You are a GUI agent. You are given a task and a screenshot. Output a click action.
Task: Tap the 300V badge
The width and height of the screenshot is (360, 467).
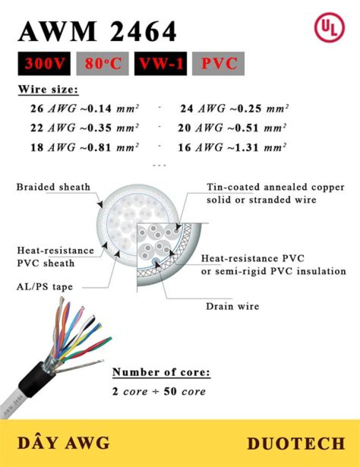[46, 63]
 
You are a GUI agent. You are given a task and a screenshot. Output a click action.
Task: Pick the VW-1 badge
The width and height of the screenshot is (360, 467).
[160, 63]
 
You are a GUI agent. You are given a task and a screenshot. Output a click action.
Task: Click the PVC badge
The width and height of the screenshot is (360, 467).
[218, 63]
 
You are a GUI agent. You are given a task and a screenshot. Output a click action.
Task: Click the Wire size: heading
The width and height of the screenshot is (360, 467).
[48, 90]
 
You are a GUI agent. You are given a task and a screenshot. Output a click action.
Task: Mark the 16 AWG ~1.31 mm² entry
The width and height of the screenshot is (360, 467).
[232, 147]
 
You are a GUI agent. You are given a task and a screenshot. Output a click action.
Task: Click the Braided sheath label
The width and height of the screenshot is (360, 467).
[53, 187]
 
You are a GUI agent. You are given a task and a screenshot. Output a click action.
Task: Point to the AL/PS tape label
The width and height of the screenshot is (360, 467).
[45, 287]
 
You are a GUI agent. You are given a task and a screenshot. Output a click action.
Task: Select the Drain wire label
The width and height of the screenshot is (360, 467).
[232, 306]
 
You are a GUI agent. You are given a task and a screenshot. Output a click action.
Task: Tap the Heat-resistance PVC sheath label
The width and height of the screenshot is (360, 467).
[55, 256]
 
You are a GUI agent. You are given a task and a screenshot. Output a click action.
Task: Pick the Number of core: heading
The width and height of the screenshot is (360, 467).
[161, 372]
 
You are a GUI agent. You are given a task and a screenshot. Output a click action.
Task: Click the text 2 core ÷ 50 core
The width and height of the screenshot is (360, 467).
[159, 391]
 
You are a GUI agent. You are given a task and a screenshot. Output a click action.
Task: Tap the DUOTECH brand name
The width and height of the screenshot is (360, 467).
[296, 443]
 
